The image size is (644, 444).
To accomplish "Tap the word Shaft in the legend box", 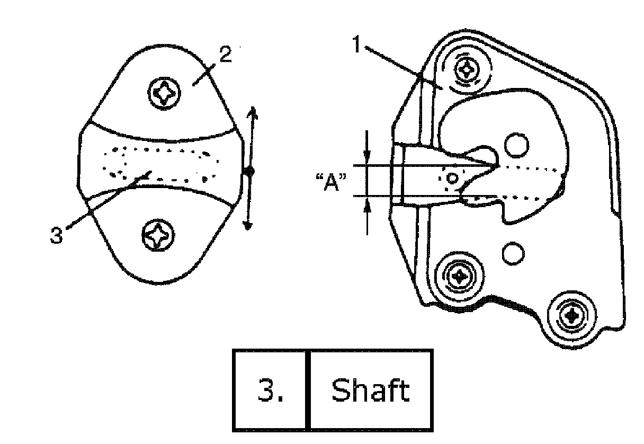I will click(370, 390).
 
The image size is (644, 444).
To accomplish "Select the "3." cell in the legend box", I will click(270, 390).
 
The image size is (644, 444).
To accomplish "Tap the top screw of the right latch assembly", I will click(468, 68).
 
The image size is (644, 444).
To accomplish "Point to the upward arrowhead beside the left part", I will click(253, 112).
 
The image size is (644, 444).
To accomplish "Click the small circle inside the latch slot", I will click(452, 177).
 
